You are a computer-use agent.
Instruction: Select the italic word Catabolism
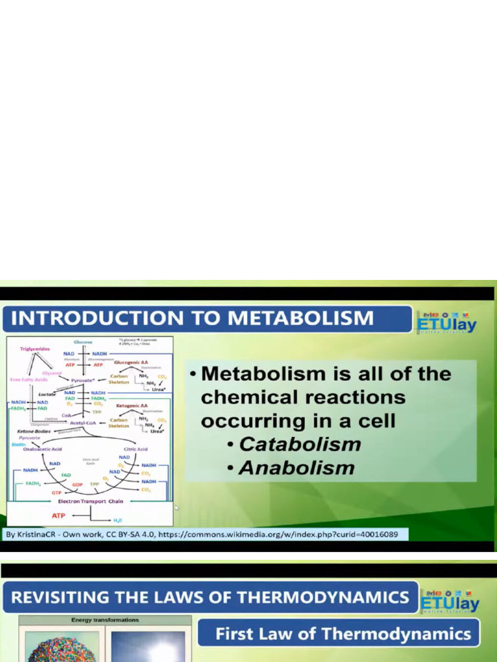pos(300,444)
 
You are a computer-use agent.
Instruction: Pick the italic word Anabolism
pos(296,467)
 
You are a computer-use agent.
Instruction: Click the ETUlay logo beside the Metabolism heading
pos(447,321)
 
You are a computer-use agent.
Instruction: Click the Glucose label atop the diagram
pos(83,341)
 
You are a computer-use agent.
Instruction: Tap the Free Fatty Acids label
pos(27,379)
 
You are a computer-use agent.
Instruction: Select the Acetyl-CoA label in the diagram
pos(83,422)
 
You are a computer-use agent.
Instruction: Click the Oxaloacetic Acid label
pos(43,449)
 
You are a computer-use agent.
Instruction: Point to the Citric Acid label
pos(135,449)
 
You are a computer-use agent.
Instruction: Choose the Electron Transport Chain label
pos(91,501)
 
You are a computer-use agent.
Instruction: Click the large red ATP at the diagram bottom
pos(59,516)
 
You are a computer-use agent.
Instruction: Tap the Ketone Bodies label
pos(30,431)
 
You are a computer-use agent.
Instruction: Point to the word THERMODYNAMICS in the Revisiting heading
pos(325,597)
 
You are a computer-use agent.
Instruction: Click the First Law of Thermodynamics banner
pos(343,634)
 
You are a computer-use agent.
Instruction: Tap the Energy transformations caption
pos(105,620)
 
